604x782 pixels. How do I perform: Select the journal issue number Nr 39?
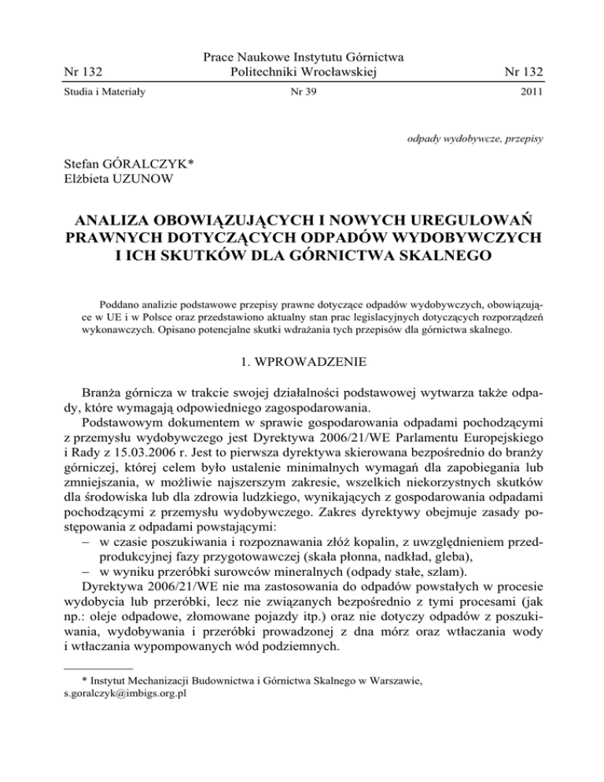pos(302,100)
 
